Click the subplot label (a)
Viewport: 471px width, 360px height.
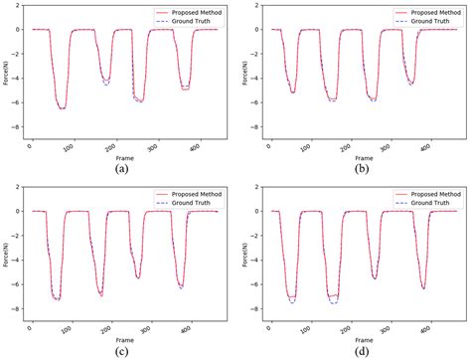coord(121,169)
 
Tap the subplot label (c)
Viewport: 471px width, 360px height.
coord(121,351)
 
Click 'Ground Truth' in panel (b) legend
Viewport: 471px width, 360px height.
coord(423,21)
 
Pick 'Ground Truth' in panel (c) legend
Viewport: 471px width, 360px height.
coord(191,203)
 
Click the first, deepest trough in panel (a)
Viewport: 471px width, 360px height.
coord(63,108)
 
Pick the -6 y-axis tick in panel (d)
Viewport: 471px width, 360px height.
coord(247,289)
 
